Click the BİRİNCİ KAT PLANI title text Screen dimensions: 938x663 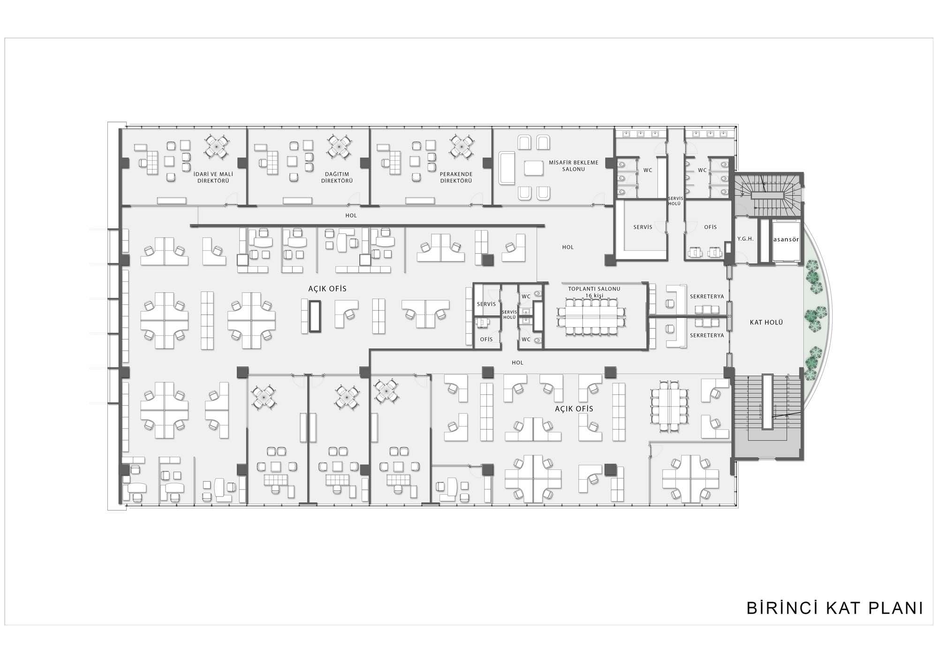click(835, 608)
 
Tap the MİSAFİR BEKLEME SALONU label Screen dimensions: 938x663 click(573, 166)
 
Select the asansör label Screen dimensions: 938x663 click(786, 239)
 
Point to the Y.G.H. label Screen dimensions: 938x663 click(745, 239)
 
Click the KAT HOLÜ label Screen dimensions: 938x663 click(766, 323)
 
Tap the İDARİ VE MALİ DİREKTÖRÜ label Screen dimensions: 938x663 click(213, 177)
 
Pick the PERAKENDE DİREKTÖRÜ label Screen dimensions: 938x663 click(456, 177)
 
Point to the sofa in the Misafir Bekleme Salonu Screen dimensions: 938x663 click(507, 168)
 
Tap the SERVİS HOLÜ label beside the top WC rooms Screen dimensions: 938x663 click(675, 201)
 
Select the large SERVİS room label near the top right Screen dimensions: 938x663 click(643, 227)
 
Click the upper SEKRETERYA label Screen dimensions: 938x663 click(707, 297)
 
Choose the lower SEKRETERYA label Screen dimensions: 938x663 click(707, 335)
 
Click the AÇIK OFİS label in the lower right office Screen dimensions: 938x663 click(574, 409)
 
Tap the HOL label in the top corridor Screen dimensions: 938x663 click(351, 216)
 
